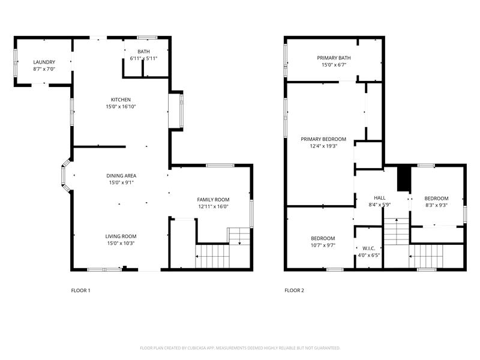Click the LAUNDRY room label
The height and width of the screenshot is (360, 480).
coord(44,62)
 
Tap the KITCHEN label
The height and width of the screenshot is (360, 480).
coord(121,100)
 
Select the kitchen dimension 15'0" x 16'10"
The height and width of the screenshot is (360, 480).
coord(121,107)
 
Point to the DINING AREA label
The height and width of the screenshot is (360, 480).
coord(121,176)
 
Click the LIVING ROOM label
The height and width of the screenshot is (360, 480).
coord(121,236)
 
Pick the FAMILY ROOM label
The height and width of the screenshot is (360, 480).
coord(213,200)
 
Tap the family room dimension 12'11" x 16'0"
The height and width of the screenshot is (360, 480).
coord(213,206)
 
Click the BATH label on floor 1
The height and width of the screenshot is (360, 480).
coord(143,52)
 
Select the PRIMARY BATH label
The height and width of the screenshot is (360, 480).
coord(334,58)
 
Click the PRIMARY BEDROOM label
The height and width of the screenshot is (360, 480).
coord(323,139)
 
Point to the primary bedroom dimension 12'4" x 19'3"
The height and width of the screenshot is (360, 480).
coord(323,146)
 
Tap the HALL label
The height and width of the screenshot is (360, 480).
coord(380,198)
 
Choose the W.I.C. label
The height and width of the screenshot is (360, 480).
coord(368,248)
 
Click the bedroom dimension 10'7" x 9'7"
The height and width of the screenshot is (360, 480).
coord(323,245)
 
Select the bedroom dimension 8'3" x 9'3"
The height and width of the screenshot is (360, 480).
coord(437,205)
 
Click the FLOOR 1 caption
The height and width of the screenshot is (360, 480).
coord(80,290)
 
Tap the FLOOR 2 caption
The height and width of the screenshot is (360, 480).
coord(294,290)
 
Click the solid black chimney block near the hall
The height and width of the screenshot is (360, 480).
coord(403,179)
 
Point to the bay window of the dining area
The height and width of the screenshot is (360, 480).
coord(65,175)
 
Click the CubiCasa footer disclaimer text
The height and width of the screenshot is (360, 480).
coord(240,348)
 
